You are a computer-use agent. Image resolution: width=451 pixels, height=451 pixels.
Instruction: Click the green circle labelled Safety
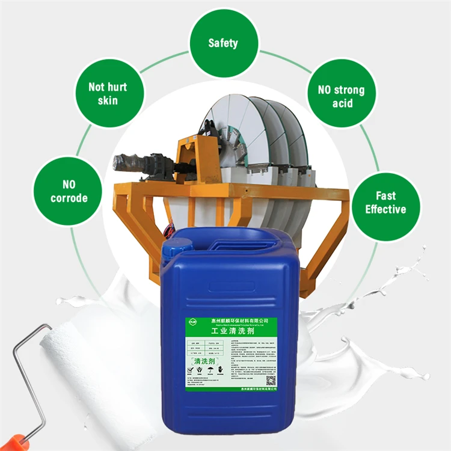click(x=223, y=43)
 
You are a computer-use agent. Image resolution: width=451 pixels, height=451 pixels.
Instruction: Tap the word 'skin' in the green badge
click(x=108, y=100)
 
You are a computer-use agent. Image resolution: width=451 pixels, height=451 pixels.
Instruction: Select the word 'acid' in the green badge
click(x=341, y=103)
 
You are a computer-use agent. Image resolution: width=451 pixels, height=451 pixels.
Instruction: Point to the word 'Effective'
click(x=385, y=209)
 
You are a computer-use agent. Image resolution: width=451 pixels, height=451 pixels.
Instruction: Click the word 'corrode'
click(x=69, y=198)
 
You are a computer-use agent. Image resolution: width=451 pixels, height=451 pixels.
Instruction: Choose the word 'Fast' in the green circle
click(x=385, y=195)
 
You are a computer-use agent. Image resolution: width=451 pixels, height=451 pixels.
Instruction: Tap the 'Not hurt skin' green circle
click(x=108, y=93)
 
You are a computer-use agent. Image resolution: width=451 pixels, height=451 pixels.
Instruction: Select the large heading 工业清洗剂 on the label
click(x=231, y=331)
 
